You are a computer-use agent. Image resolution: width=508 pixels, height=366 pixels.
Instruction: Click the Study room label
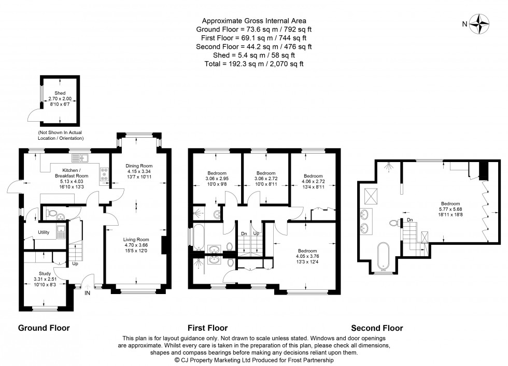pos(44,274)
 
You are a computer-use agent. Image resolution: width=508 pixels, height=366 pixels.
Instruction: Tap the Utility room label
pos(44,232)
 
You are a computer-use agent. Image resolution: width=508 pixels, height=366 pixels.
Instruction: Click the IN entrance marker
pos(87,293)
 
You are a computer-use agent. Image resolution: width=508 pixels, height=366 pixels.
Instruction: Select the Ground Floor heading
pos(44,328)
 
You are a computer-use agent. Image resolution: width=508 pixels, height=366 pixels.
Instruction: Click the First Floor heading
pos(207,328)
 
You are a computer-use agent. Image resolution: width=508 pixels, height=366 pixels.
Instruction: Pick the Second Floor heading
pos(376,328)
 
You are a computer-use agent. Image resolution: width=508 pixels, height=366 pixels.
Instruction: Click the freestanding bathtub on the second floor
pos(384,255)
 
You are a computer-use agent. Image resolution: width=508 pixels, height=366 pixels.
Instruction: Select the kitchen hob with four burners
pos(105,174)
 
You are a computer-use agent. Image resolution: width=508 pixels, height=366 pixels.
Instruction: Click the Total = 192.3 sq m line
pos(253,64)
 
